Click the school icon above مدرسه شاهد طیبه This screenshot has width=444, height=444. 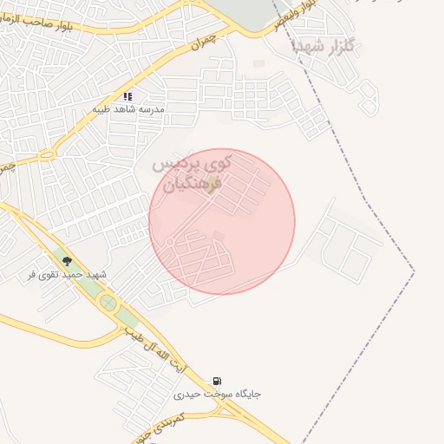click(127, 97)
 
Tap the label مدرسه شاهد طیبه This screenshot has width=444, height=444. click(127, 111)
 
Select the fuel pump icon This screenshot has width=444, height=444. click(217, 381)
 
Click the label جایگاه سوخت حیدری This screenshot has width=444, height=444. click(217, 395)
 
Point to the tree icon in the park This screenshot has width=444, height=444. click(67, 260)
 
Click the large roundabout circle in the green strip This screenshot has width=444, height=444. click(108, 303)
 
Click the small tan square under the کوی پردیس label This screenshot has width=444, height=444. click(212, 179)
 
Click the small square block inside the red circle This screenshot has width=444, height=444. click(218, 236)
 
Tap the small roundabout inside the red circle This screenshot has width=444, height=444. click(171, 240)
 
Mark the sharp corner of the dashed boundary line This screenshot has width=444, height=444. click(414, 271)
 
